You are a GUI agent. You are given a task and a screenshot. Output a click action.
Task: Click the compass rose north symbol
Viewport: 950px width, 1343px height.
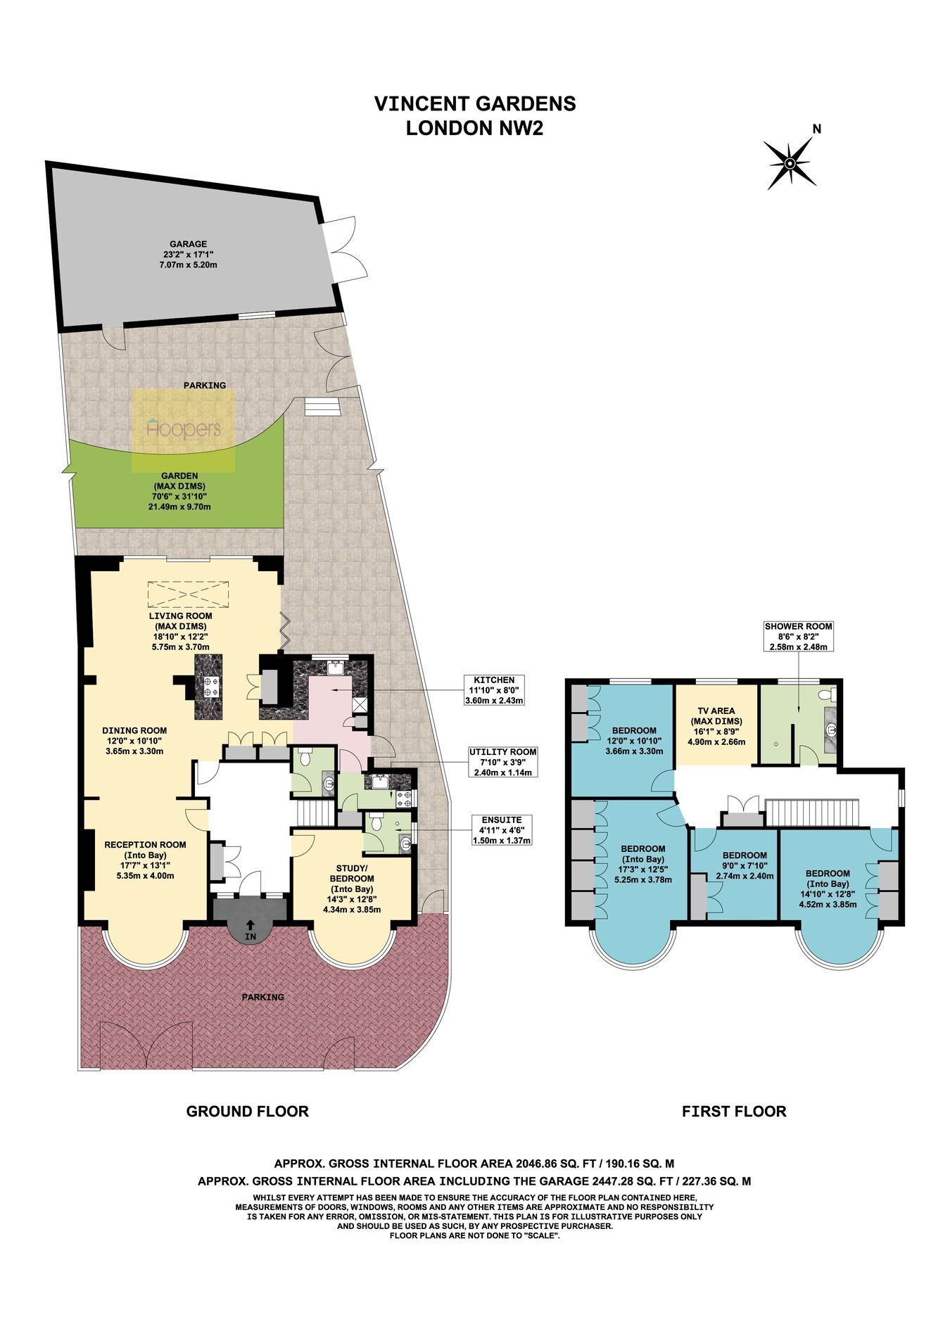[x=790, y=163]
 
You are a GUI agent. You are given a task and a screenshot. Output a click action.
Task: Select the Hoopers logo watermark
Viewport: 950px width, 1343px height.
[x=184, y=428]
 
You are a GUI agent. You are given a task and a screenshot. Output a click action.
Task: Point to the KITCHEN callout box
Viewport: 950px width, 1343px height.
[x=495, y=690]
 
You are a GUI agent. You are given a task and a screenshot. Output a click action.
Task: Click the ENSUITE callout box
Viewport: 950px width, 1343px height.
[x=501, y=830]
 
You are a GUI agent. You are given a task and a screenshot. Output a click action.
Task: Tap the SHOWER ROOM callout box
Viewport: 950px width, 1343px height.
[x=798, y=636]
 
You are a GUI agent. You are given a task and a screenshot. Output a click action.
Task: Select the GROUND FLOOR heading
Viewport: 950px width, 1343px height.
[x=247, y=1112]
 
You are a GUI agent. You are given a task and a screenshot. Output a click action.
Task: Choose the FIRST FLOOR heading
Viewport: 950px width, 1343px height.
[x=734, y=1112]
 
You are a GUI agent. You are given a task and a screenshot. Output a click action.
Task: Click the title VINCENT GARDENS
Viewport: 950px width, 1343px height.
[x=475, y=103]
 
